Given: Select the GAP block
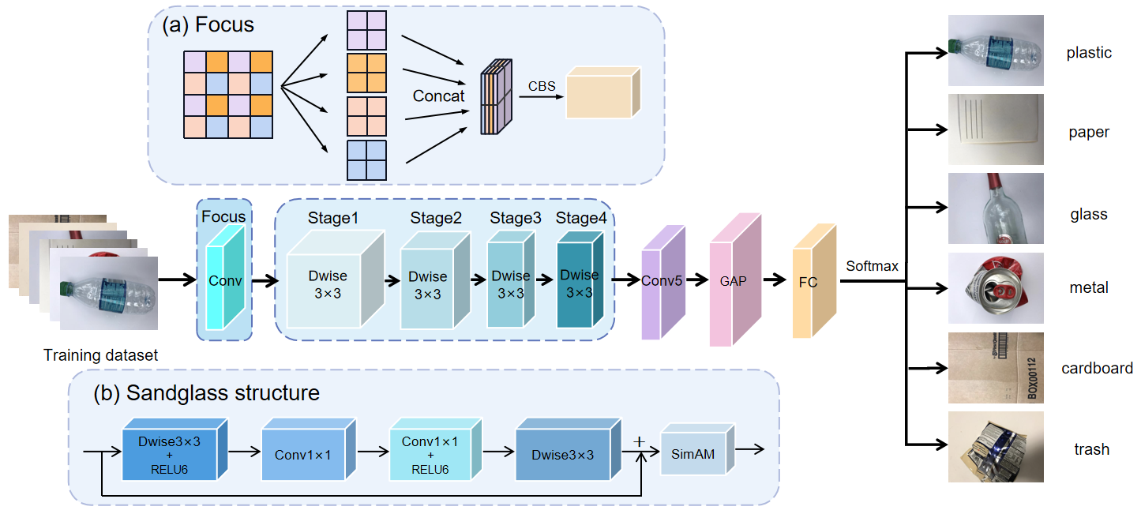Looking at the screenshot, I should tap(731, 280).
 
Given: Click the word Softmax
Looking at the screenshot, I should tap(872, 266).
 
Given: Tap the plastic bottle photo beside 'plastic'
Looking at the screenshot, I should tap(996, 51).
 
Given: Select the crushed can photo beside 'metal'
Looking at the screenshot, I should tap(996, 289).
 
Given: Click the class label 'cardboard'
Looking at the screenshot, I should tap(1097, 369).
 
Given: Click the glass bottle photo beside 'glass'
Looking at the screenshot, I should tap(996, 209).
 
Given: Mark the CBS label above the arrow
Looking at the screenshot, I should tap(541, 84).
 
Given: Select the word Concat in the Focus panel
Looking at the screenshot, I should tap(439, 96).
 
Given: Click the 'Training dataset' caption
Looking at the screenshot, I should tap(100, 356).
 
